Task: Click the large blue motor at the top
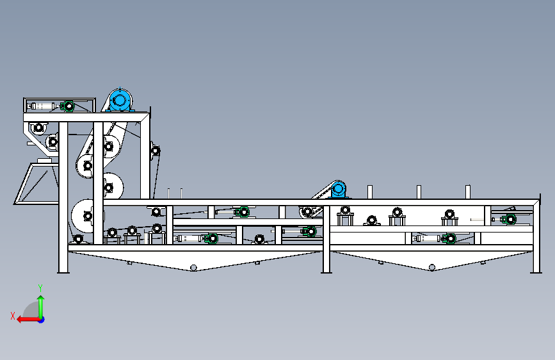[x=120, y=101]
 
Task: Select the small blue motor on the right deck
[x=338, y=190]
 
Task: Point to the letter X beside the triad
[x=13, y=315]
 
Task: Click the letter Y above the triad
[x=40, y=288]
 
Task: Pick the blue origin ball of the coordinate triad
[x=41, y=319]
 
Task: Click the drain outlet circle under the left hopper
[x=194, y=267]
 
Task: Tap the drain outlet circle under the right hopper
[x=432, y=267]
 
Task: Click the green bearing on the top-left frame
[x=67, y=106]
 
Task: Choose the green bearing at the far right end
[x=510, y=220]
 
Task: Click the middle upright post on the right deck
[x=419, y=192]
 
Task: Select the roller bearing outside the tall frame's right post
[x=155, y=151]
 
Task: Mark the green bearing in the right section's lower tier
[x=450, y=238]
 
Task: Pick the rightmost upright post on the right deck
[x=468, y=192]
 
